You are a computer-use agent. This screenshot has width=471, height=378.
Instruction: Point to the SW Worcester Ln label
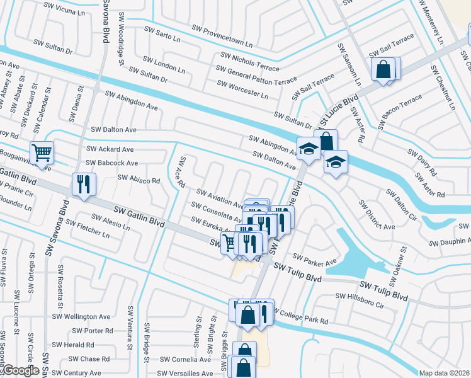pos(242,89)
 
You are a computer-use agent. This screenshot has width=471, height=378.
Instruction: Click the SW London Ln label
pos(164,64)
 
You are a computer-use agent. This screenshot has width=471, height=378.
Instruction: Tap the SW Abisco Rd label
pos(139,179)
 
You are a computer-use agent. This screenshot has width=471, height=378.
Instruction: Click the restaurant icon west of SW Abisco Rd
pos(84,184)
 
